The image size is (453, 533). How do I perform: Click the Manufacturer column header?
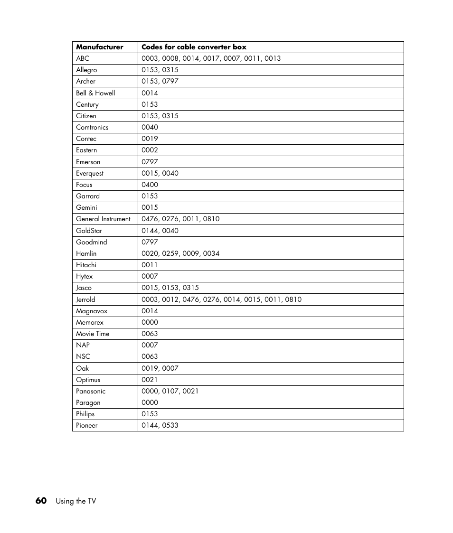click(99, 47)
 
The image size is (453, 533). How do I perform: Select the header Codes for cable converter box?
click(194, 47)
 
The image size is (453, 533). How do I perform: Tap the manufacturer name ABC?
click(83, 58)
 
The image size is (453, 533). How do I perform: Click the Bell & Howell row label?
click(95, 93)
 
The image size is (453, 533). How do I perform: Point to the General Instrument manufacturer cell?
click(103, 219)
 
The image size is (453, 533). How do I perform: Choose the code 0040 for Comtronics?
click(150, 127)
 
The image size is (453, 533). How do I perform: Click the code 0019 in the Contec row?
click(150, 139)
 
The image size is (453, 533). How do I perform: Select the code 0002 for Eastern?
click(150, 150)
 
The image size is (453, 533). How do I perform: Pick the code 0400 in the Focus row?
click(150, 185)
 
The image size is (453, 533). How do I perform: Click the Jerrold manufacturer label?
click(85, 299)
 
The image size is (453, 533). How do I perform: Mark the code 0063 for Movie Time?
click(150, 334)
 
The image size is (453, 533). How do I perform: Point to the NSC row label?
click(83, 356)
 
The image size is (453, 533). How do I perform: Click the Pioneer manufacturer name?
click(87, 425)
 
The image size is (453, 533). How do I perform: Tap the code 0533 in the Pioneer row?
click(170, 425)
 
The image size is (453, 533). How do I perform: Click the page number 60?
click(41, 501)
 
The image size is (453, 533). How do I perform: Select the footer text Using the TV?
click(76, 501)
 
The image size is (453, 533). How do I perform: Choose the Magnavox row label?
click(92, 311)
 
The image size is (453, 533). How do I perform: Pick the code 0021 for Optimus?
click(150, 380)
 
